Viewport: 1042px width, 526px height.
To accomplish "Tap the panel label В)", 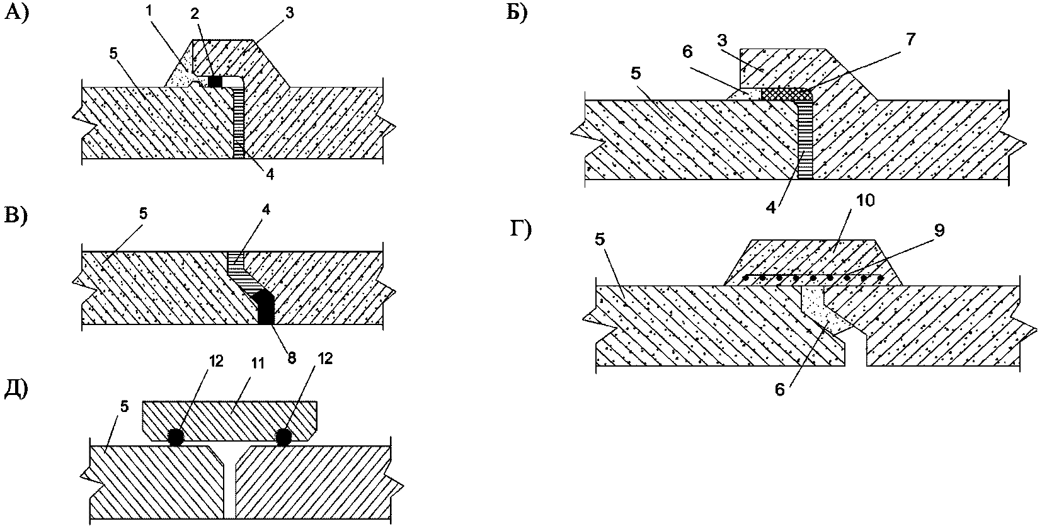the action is click(x=16, y=216).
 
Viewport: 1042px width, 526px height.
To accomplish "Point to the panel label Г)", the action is click(x=520, y=230).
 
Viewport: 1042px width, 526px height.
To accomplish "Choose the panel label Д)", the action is click(x=17, y=390).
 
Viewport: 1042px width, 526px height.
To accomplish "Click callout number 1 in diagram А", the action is click(x=149, y=11).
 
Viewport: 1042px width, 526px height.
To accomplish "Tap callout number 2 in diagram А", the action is click(x=195, y=13).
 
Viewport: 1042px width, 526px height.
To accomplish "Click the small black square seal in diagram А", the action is click(x=215, y=81).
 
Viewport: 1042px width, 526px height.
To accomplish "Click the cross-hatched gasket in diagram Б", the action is click(x=786, y=94).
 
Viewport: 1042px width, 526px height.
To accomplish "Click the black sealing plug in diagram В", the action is click(x=266, y=307).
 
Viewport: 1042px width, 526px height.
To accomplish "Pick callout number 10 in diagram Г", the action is click(x=865, y=200).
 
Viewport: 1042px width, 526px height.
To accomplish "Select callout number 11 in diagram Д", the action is click(x=257, y=363).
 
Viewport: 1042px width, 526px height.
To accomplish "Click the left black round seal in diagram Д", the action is click(x=175, y=438).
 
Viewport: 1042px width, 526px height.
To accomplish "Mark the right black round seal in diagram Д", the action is click(x=283, y=438).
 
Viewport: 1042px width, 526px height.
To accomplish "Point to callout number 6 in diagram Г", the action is click(x=780, y=389).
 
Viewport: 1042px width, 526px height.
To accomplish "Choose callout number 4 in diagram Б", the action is click(x=770, y=208).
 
